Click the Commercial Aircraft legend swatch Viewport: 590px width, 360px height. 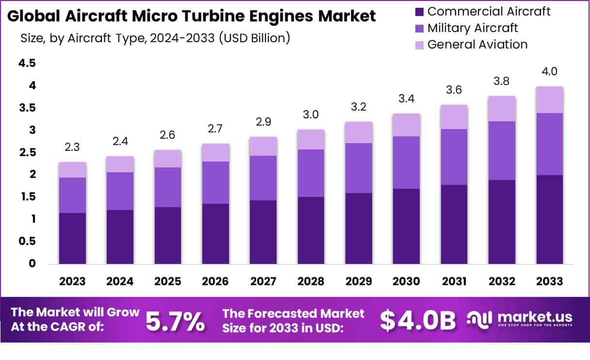420,11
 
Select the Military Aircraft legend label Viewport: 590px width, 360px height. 473,28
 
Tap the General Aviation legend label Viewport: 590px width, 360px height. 477,45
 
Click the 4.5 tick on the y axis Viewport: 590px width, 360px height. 27,63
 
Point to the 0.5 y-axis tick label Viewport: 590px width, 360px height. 27,241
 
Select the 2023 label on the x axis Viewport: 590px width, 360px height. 73,282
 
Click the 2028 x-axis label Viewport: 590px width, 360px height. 311,282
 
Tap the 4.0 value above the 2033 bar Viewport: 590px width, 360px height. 550,72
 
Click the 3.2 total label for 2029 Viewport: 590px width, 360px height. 359,107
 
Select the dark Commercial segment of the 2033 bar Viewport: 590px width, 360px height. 550,219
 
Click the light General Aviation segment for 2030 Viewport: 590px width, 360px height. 406,125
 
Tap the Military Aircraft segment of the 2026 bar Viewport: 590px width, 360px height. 216,182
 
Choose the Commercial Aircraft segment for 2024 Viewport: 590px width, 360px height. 120,237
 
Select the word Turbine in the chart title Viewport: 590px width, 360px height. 222,16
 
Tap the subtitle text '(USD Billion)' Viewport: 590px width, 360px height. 254,38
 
